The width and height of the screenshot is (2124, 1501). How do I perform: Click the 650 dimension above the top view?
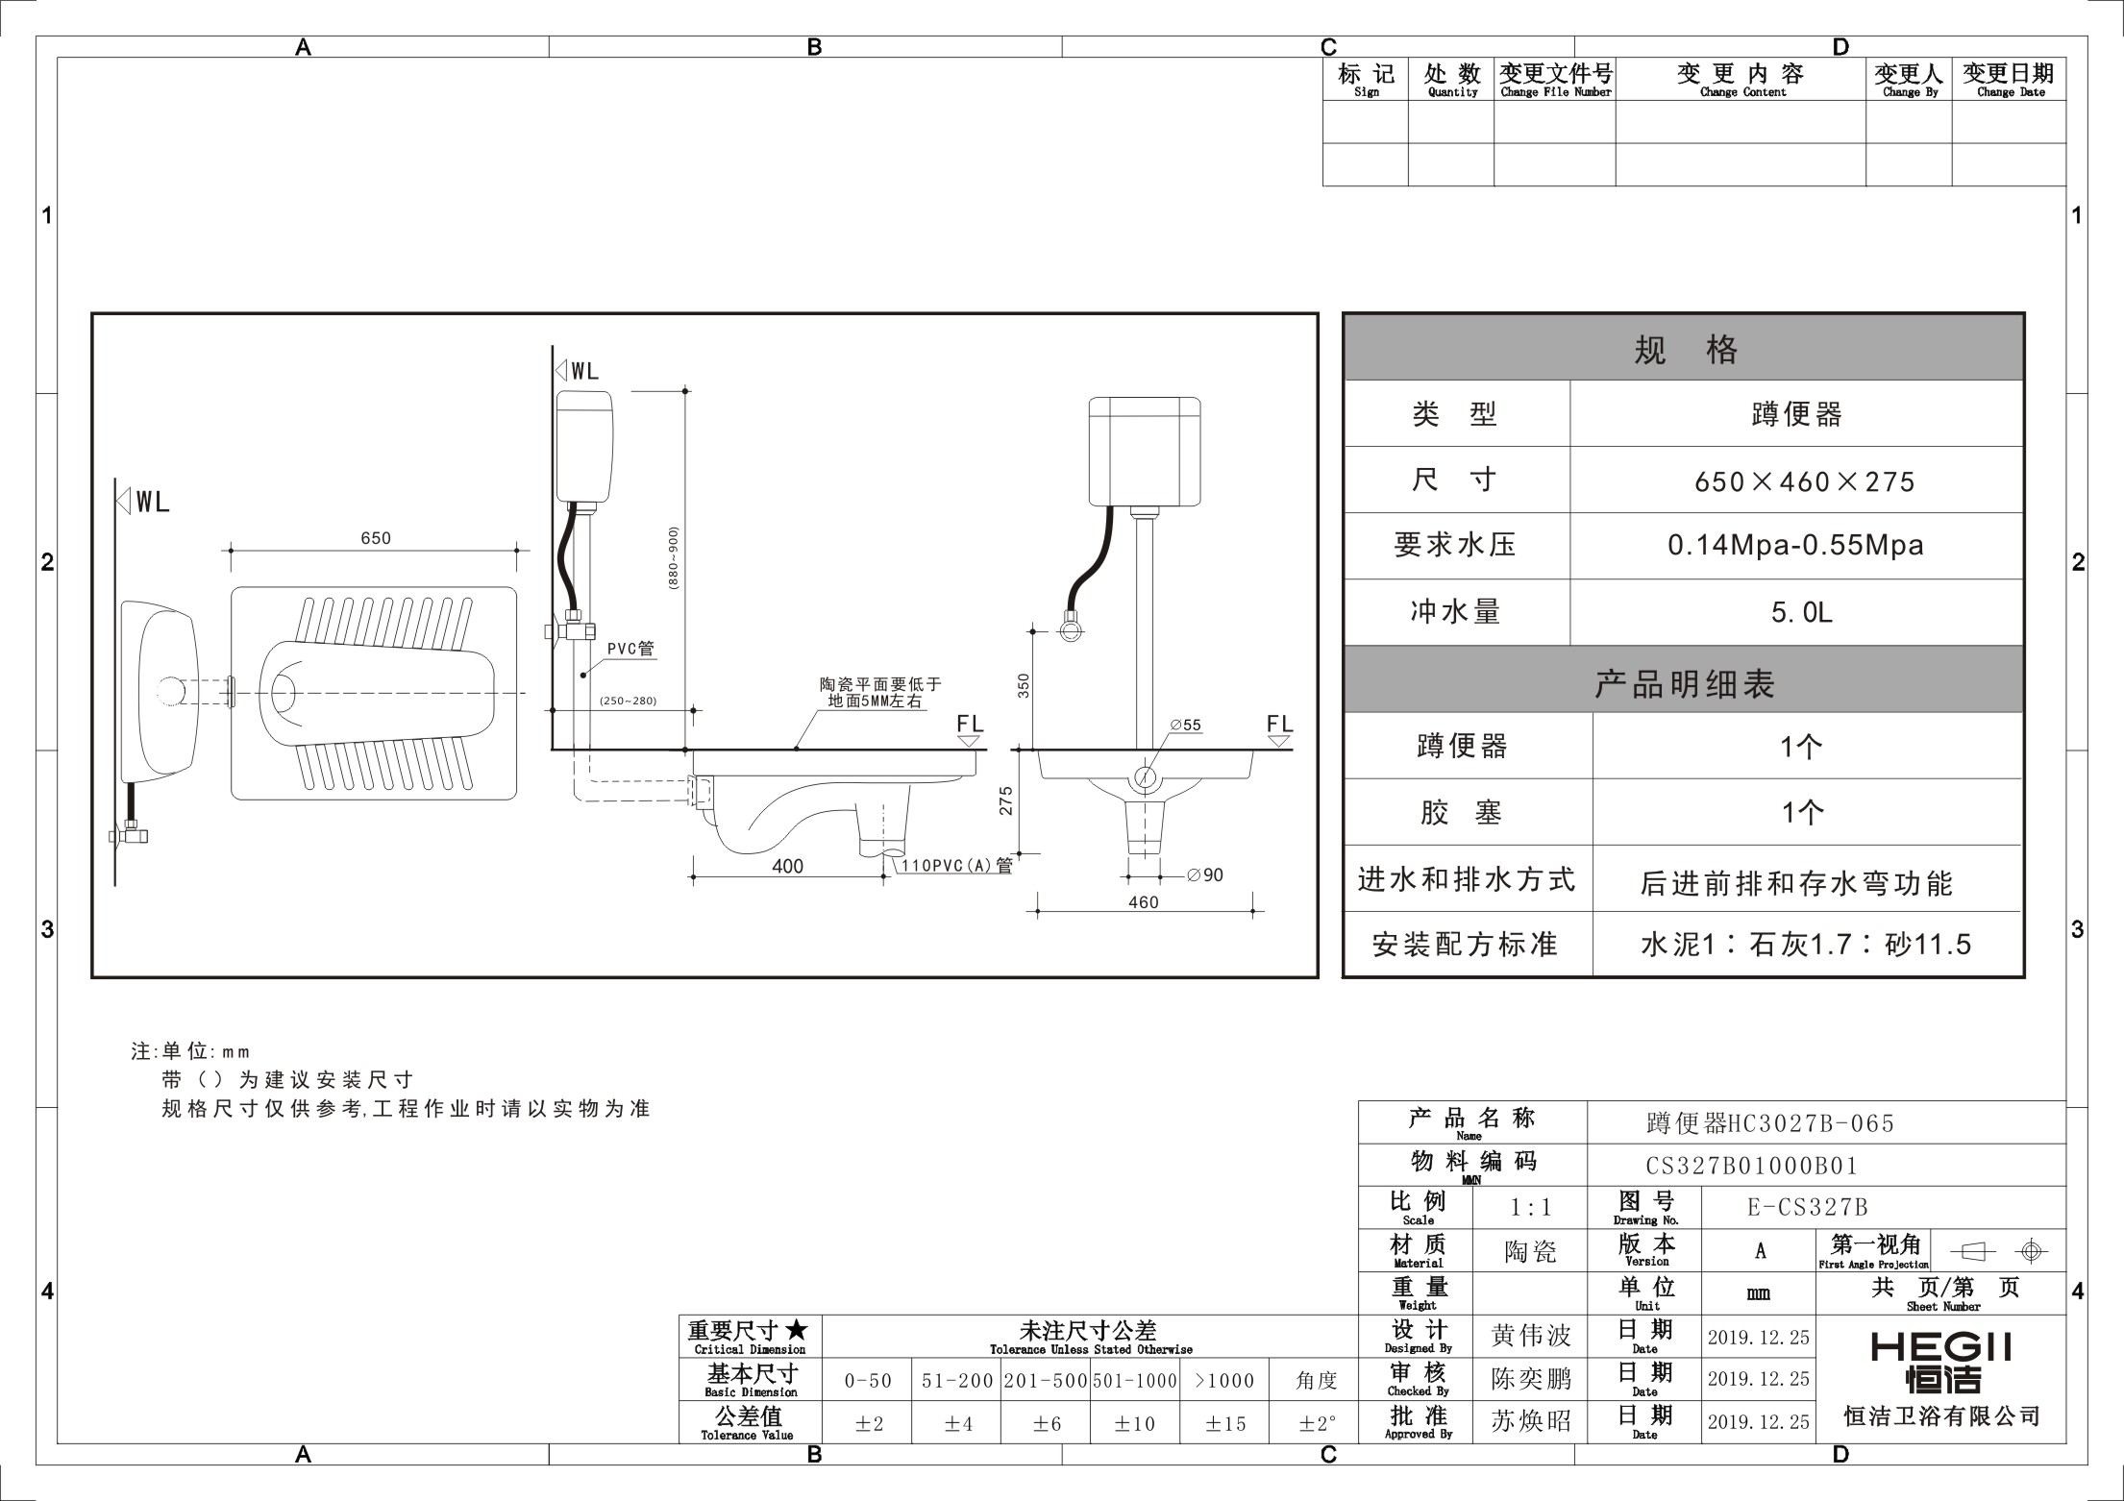click(x=376, y=538)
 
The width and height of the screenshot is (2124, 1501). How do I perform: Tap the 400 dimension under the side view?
click(x=787, y=866)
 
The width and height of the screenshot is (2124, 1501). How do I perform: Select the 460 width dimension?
click(x=1144, y=902)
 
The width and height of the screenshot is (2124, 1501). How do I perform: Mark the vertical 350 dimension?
click(x=1024, y=685)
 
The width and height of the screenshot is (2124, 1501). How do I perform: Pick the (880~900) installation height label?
click(x=674, y=557)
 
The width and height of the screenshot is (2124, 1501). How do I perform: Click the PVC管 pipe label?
click(x=630, y=649)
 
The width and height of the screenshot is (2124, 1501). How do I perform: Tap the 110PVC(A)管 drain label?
click(x=956, y=866)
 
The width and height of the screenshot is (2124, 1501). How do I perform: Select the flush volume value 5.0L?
click(x=1801, y=612)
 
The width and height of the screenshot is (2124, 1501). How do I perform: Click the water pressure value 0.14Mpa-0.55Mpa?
click(x=1795, y=546)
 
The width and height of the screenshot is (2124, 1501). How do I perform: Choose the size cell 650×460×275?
click(x=1804, y=481)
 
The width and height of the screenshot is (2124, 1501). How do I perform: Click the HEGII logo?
click(x=1941, y=1364)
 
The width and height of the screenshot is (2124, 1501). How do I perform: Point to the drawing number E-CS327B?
click(x=1807, y=1208)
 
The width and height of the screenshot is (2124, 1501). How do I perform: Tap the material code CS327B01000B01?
click(x=1752, y=1166)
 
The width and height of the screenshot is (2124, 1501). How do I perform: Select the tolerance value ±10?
click(x=1134, y=1423)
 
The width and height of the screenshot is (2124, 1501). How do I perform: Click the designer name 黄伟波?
click(x=1531, y=1336)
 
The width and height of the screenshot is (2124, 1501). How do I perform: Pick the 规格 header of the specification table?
click(x=1685, y=349)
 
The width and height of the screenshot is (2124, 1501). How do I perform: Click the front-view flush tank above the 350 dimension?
click(x=1145, y=452)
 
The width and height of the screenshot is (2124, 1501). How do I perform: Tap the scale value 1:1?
click(x=1531, y=1208)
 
